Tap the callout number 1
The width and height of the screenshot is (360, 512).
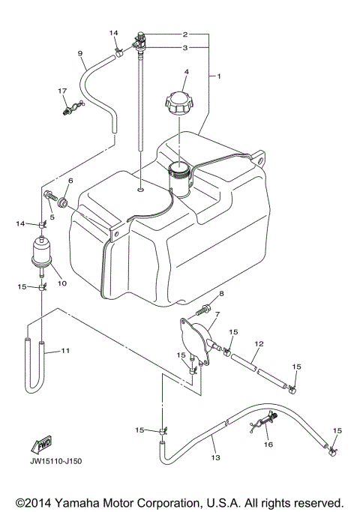point(218,76)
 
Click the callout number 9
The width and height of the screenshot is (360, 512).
point(79,52)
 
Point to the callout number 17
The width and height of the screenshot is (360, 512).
point(63,91)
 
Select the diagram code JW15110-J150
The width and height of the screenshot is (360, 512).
point(57,461)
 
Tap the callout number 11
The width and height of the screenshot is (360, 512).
point(65,350)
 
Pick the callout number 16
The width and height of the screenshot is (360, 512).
point(268,445)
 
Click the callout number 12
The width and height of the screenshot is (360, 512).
point(258,344)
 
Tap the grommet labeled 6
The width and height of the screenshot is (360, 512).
point(64,202)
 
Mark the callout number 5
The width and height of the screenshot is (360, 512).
point(52,217)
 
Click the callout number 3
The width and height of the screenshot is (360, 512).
point(184,47)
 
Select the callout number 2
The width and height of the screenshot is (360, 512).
point(184,34)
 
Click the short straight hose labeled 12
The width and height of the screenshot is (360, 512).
point(256,372)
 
